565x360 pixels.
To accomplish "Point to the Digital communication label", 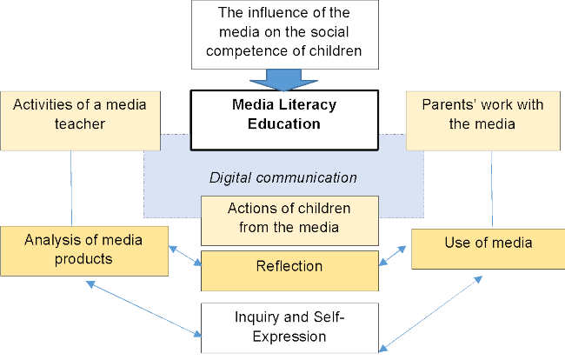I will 283,177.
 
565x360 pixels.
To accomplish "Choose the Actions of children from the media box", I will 289,219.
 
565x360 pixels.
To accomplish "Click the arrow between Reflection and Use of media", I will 395,254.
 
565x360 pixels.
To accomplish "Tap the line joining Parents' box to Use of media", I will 492,190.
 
